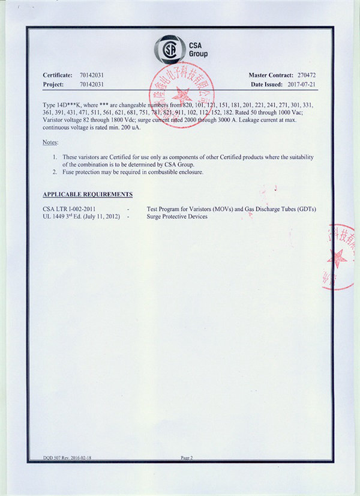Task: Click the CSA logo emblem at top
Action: click(x=170, y=49)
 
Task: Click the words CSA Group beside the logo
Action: click(x=197, y=50)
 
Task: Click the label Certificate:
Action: click(x=57, y=74)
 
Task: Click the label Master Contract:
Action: click(x=270, y=74)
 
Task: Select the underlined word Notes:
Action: click(x=50, y=142)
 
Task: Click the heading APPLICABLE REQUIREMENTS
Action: click(x=88, y=195)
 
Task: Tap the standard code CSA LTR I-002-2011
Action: click(x=70, y=209)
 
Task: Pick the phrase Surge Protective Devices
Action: click(x=177, y=216)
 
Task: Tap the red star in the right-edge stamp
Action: click(x=337, y=257)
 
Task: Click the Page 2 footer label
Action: click(x=187, y=458)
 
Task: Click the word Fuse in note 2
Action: click(x=68, y=172)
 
